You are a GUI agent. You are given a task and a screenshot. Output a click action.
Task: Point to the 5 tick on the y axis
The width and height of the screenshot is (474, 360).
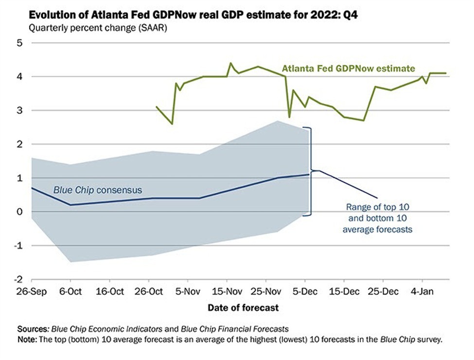point(19,43)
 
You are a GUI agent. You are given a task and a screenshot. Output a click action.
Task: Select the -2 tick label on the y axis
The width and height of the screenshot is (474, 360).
point(18,280)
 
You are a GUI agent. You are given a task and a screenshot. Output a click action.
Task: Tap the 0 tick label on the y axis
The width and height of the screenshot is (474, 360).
point(19,212)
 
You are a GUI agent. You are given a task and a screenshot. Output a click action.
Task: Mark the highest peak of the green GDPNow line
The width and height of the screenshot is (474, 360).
point(230,63)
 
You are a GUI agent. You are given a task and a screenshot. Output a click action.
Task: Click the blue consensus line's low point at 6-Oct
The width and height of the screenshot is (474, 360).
point(71,205)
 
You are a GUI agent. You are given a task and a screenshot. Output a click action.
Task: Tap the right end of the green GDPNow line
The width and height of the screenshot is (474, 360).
point(446,73)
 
